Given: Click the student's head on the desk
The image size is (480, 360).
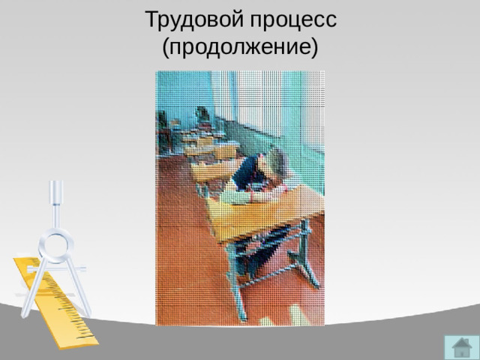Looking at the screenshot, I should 274,160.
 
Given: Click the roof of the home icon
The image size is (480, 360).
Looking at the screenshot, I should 461,343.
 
